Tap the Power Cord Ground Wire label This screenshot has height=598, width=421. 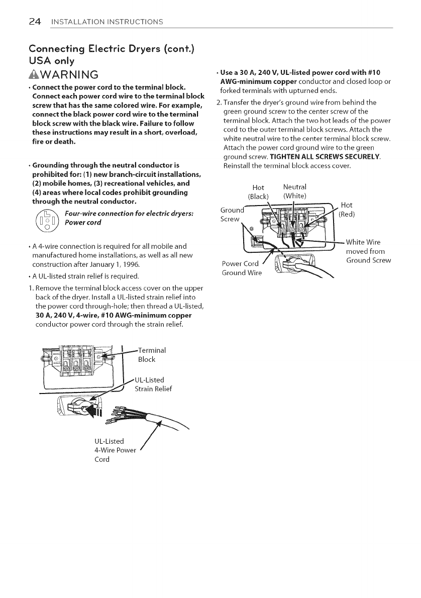tap(241, 268)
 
